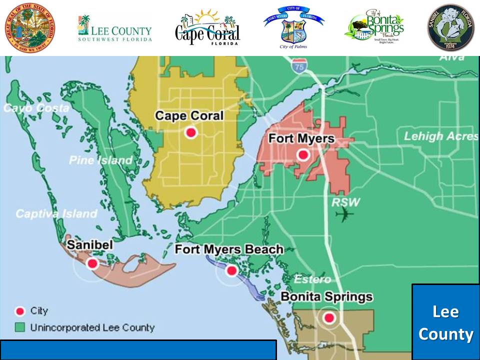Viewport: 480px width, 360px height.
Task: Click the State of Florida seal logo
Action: (30, 27)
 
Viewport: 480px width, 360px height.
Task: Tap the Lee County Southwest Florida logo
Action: (114, 28)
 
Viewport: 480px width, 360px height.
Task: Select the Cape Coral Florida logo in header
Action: (207, 27)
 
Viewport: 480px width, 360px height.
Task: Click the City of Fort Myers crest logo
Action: (293, 27)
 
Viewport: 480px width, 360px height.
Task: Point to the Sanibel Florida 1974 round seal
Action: (450, 27)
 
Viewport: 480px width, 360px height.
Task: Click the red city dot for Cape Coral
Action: (190, 132)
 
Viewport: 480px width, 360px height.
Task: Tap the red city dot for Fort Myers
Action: (302, 155)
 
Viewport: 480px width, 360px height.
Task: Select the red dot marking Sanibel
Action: (92, 263)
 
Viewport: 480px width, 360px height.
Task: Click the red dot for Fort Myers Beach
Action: (231, 270)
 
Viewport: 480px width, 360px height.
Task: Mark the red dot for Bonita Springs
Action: (328, 317)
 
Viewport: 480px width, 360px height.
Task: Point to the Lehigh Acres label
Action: (440, 136)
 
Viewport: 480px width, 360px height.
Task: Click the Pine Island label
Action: (101, 160)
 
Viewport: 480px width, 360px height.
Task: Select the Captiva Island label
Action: (56, 213)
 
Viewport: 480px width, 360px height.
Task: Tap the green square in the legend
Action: (20, 328)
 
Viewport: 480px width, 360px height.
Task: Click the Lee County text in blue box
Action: (445, 323)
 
